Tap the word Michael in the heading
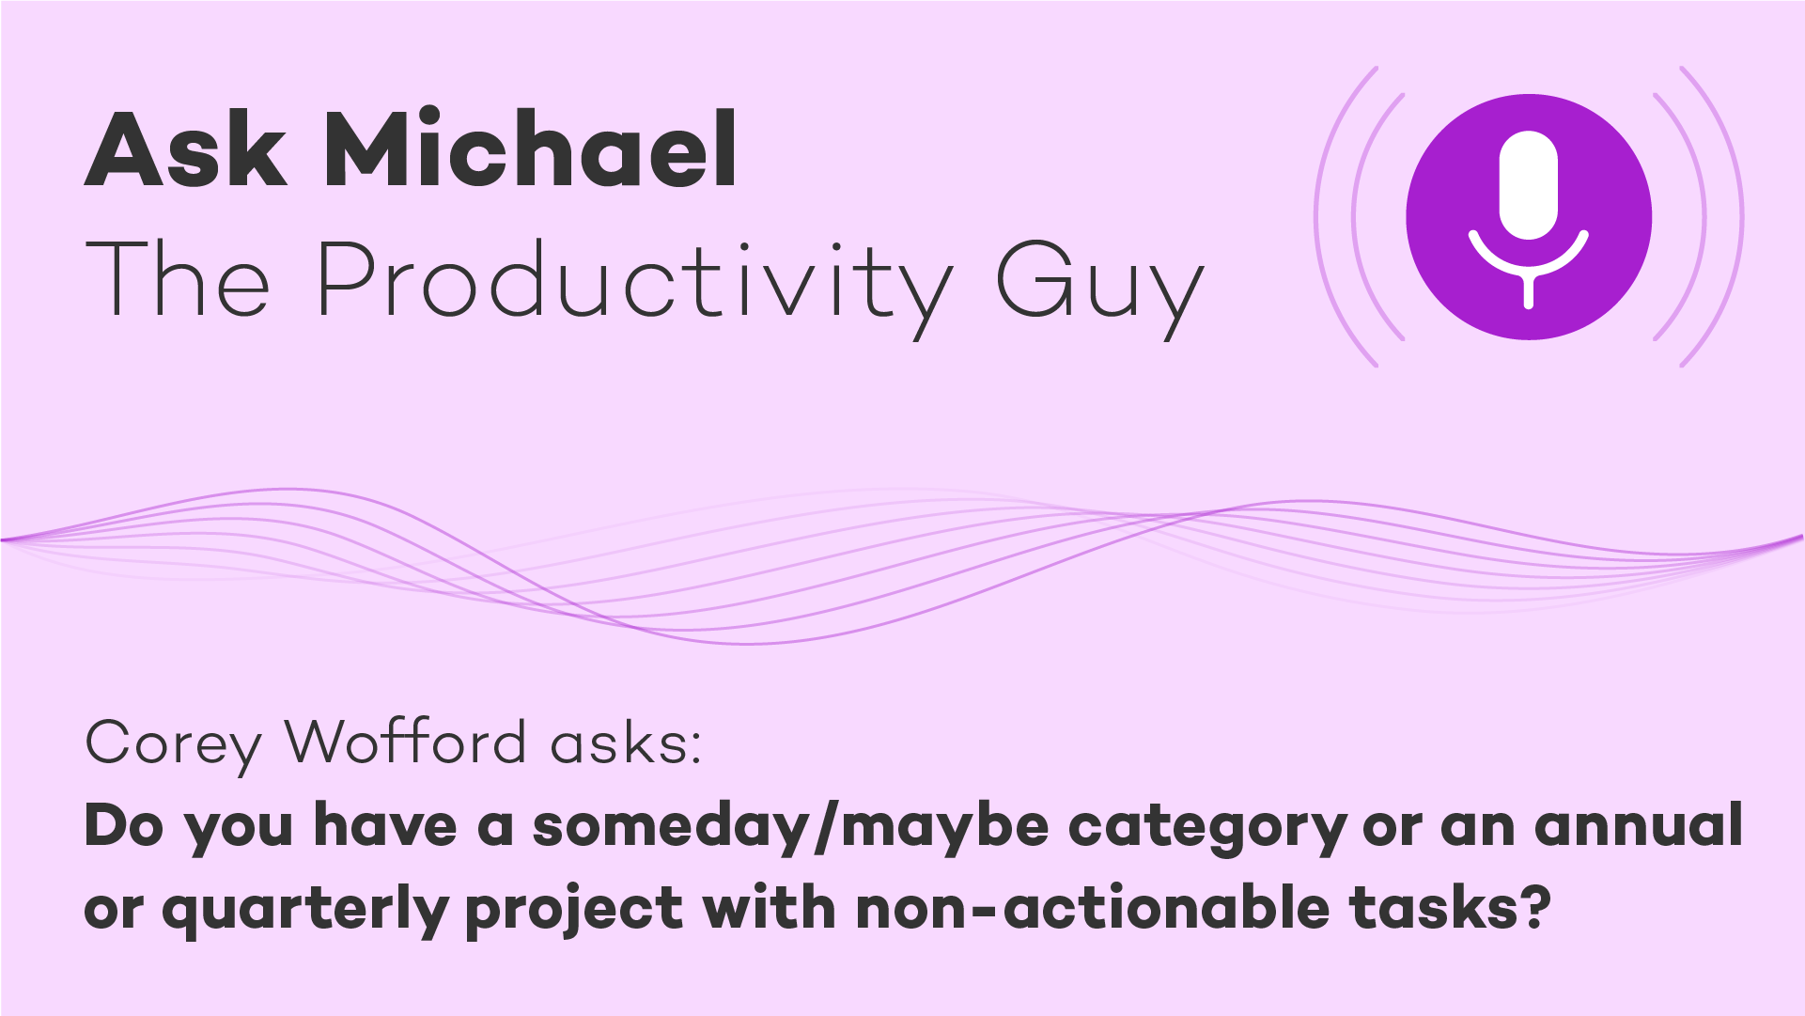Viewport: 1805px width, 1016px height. coord(531,147)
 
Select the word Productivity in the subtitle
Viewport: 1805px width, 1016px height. coord(634,283)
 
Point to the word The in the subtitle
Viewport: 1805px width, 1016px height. coord(178,278)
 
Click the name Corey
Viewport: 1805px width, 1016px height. coord(173,745)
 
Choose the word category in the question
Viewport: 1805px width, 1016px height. coord(1207,830)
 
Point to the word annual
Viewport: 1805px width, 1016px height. coord(1639,825)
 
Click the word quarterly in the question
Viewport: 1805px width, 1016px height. coord(303,911)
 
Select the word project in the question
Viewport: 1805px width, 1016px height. coord(574,911)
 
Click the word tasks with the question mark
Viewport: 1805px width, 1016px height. coord(1450,908)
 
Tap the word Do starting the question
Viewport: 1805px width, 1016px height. coord(123,825)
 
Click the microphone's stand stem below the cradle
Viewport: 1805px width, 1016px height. coord(1529,290)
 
